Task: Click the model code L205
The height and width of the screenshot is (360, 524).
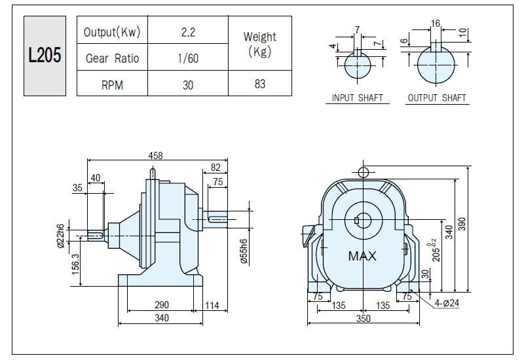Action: (45, 55)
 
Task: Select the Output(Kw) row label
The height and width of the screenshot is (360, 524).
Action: (112, 32)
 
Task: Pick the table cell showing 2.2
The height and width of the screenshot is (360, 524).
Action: (188, 32)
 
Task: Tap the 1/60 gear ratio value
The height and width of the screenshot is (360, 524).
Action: (188, 58)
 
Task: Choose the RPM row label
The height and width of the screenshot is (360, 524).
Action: (112, 85)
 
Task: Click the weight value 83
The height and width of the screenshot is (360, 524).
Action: (260, 84)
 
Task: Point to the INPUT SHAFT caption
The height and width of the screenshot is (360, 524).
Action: (357, 98)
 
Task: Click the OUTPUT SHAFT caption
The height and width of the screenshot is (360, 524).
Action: (437, 98)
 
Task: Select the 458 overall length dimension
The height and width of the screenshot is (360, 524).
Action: (156, 156)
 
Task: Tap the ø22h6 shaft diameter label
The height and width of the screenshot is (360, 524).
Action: (60, 236)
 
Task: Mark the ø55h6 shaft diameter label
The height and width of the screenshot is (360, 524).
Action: (244, 251)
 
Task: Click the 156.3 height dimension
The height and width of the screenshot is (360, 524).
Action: (75, 264)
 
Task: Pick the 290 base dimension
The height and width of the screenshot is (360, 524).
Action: (162, 304)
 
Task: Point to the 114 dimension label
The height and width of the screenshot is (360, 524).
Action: (212, 305)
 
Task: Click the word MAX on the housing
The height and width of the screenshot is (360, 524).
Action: (362, 256)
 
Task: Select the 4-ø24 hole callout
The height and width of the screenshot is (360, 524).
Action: (447, 303)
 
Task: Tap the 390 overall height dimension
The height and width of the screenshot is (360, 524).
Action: (462, 224)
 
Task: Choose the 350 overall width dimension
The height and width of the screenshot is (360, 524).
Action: (364, 318)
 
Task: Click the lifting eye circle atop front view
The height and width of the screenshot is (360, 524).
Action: (364, 173)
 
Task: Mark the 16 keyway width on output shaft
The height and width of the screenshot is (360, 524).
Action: (436, 24)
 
